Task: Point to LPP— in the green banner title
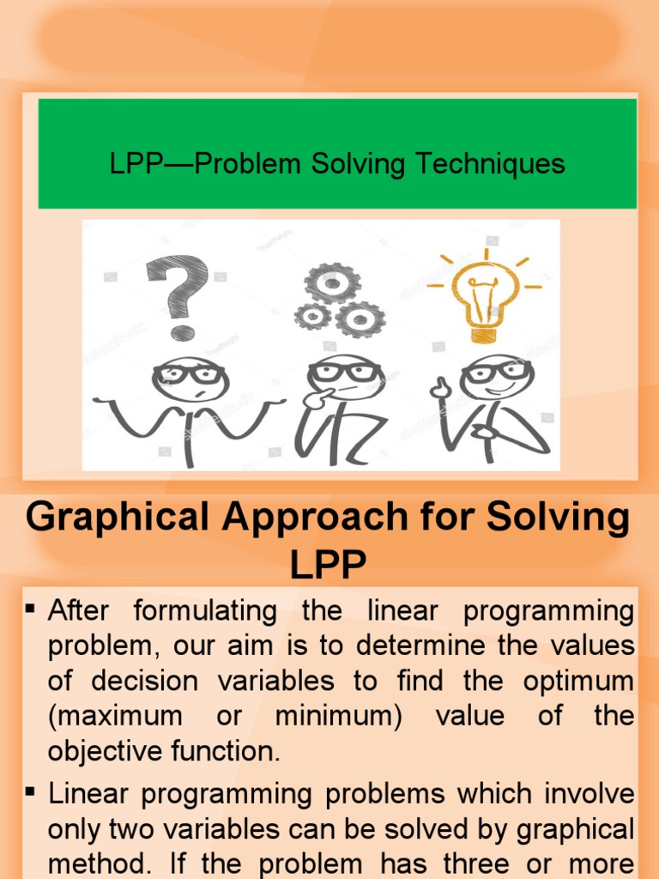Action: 151,163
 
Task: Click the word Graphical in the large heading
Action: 118,518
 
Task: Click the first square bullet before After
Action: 32,609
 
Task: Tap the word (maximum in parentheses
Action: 115,717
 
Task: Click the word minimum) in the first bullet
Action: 339,717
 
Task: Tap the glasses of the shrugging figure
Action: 190,373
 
